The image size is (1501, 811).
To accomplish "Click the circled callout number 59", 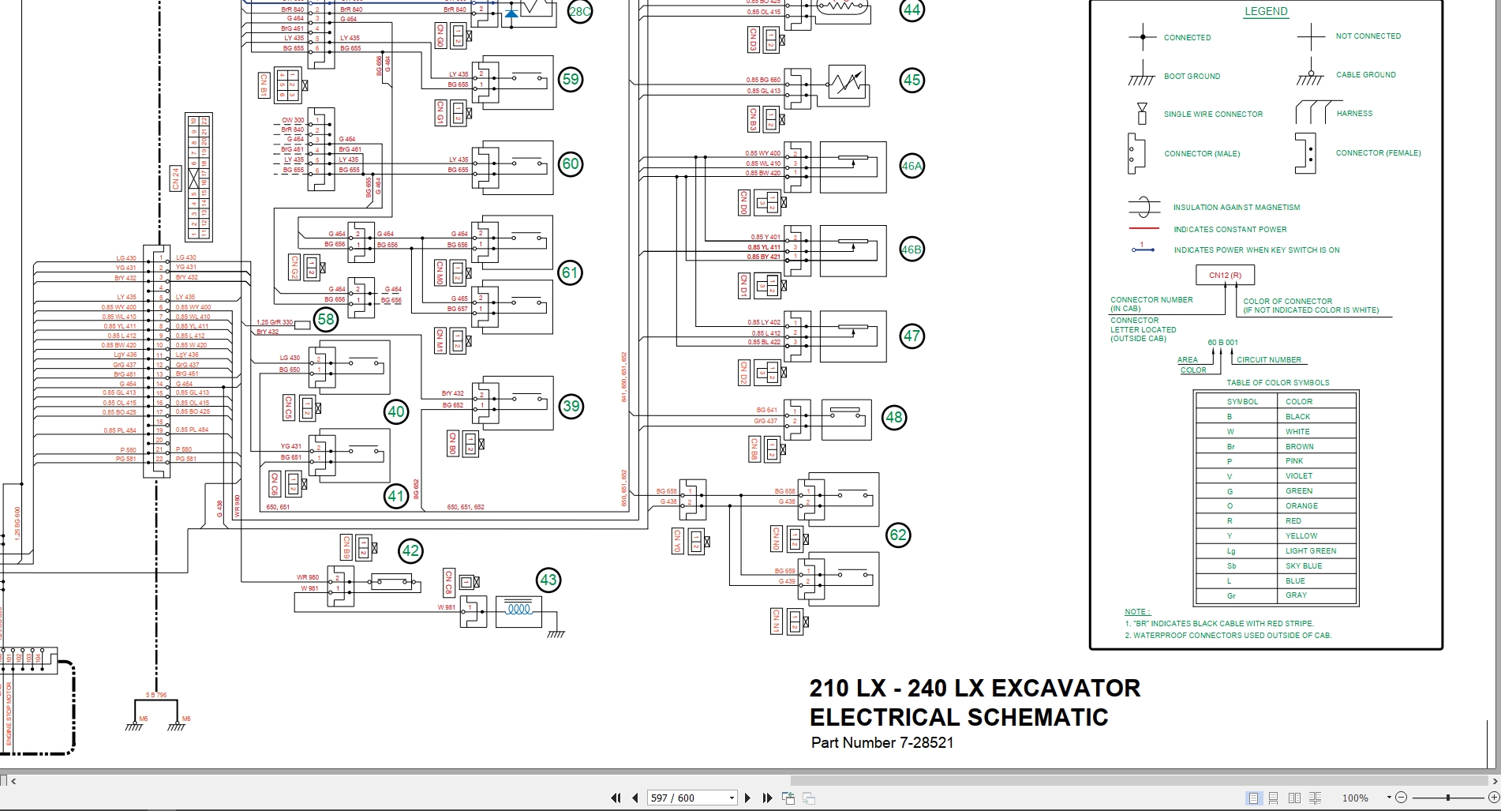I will [570, 79].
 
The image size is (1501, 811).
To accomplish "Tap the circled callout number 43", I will [548, 580].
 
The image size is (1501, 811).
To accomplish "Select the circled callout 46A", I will [911, 166].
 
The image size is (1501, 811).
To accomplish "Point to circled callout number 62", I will [898, 535].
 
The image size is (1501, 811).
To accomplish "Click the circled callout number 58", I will [326, 319].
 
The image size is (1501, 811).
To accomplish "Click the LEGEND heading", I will [1266, 12].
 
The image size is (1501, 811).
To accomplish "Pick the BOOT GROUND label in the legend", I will [1192, 77].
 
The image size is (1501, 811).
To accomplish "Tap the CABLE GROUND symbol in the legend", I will [1310, 73].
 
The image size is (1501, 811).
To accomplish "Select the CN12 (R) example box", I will [1225, 276].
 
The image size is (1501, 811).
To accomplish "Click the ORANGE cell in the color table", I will [1301, 506].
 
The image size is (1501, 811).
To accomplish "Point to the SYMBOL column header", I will [1242, 402].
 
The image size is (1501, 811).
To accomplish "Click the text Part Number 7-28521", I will [882, 743].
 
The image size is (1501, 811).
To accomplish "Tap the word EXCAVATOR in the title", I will [1065, 689].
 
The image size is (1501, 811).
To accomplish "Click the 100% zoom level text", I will [1355, 798].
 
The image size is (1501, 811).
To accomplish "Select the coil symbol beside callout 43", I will [518, 610].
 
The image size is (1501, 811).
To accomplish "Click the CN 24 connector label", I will [176, 178].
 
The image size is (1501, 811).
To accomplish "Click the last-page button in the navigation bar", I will [767, 798].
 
